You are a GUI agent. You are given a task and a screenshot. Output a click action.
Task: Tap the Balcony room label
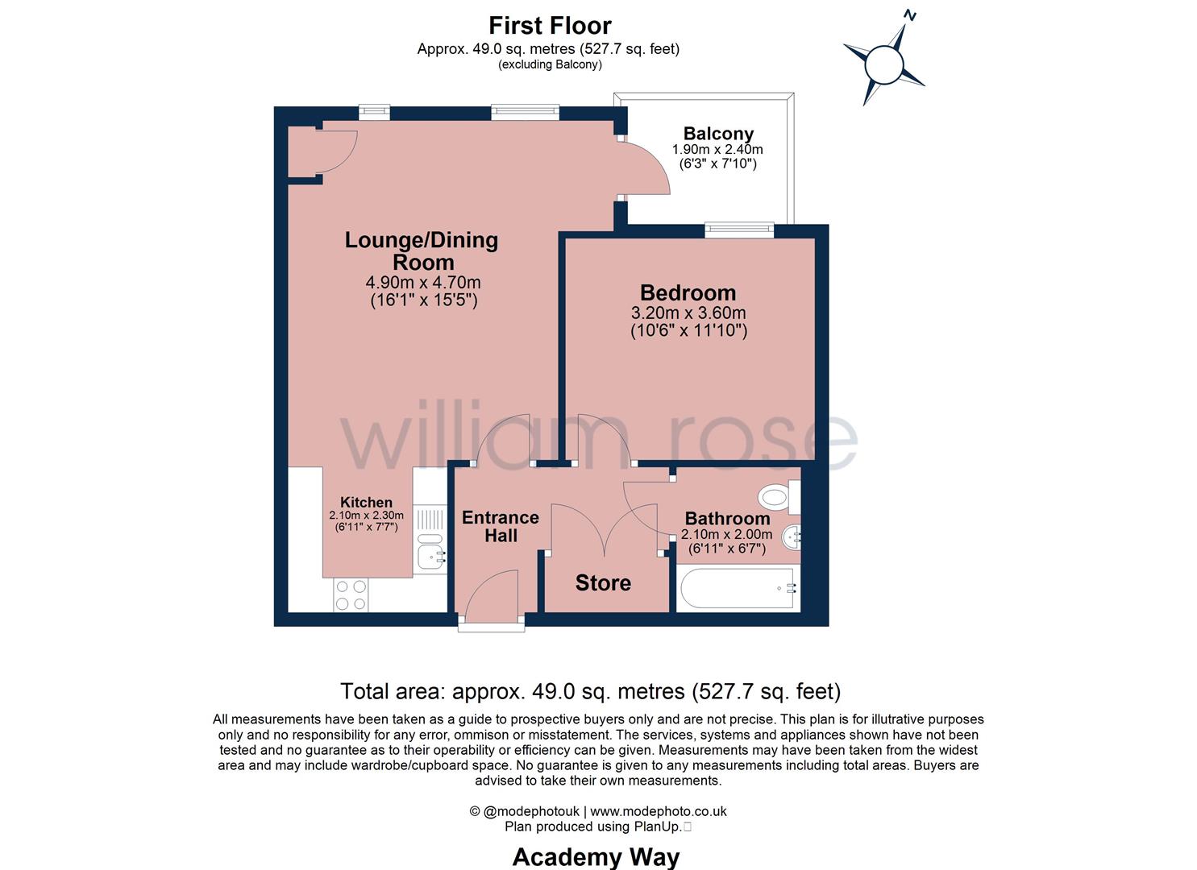tap(718, 134)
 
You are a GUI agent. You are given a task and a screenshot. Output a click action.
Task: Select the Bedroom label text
tap(688, 292)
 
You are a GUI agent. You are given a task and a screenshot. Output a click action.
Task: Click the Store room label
tap(603, 582)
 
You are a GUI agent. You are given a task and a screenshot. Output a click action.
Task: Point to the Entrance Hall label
tap(500, 526)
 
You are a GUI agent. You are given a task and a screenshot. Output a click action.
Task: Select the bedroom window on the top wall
tap(739, 230)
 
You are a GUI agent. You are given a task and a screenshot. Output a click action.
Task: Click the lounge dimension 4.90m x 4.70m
tap(423, 283)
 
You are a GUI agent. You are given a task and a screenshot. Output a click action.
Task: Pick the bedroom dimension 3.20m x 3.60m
tap(688, 313)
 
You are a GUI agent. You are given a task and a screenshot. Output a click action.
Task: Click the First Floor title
tap(550, 25)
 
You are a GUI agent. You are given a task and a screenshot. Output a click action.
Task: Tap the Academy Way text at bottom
tap(596, 856)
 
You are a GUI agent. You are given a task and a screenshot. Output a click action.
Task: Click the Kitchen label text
tap(366, 502)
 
